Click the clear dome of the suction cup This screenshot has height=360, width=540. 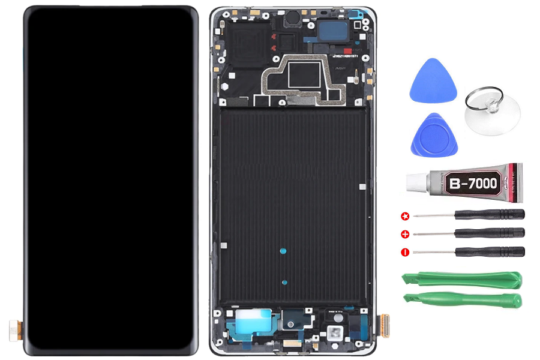pyautogui.click(x=493, y=114)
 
